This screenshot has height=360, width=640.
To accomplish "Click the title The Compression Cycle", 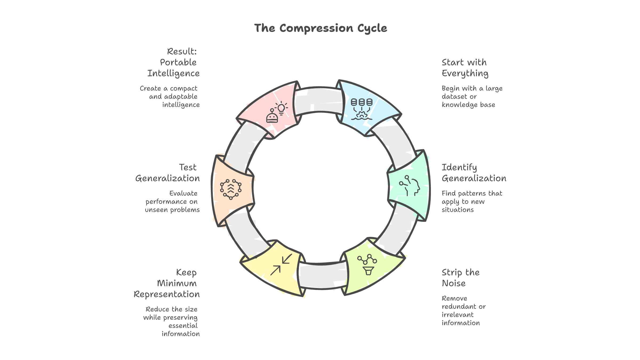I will click(x=321, y=28).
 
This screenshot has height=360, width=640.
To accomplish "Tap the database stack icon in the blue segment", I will click(x=362, y=103).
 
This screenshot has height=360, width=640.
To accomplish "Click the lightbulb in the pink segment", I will click(x=281, y=108).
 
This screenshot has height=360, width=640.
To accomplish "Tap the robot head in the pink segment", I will click(x=272, y=117).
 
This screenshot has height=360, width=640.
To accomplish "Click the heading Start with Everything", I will click(x=465, y=68).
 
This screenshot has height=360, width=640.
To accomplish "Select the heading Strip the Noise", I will click(x=461, y=278).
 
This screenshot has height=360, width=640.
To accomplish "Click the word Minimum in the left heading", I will click(x=177, y=283).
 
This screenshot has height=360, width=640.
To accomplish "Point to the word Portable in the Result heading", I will click(x=178, y=62).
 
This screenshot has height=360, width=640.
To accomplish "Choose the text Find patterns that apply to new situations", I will click(x=471, y=201).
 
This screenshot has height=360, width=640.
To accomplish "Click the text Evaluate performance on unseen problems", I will click(x=172, y=201).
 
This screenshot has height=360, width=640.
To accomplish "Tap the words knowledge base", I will click(x=468, y=105).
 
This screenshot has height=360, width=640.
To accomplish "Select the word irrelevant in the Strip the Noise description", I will click(x=458, y=315).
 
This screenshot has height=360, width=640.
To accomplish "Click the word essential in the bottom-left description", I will click(x=183, y=326).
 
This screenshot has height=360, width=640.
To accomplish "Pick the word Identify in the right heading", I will click(x=459, y=167).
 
